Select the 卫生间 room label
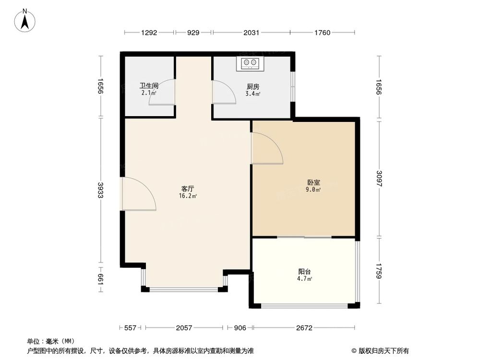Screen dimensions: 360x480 (x=149, y=86)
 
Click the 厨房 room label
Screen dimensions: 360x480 (x=253, y=87)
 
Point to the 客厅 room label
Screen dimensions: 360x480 (x=188, y=189)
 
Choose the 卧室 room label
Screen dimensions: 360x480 (x=314, y=182)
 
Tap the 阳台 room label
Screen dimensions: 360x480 (x=305, y=271)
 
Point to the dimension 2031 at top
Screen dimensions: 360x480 (x=251, y=33)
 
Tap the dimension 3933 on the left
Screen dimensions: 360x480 (x=100, y=191)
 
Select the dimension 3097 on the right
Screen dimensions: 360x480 (x=379, y=179)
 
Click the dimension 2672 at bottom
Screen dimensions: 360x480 (x=304, y=328)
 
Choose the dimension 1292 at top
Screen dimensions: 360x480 (x=149, y=33)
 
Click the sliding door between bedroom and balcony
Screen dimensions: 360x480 (x=304, y=237)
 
